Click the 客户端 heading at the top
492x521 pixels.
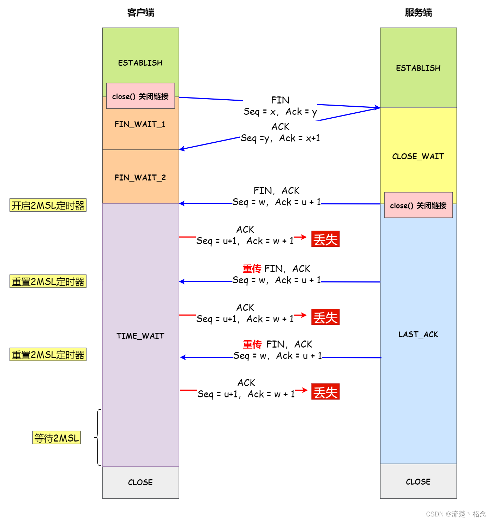click(140, 13)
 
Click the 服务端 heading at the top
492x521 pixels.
click(418, 13)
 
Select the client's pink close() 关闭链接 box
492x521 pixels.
click(140, 96)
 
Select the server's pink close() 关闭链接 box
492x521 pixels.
click(418, 205)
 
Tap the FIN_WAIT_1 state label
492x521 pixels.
click(140, 124)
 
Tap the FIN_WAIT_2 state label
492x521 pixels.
click(140, 177)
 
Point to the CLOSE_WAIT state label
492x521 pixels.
click(418, 156)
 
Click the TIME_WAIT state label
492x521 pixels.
click(140, 336)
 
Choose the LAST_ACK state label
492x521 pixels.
click(418, 334)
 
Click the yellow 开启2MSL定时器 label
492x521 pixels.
click(48, 205)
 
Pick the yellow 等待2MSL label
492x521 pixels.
click(56, 438)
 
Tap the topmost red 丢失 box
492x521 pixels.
click(325, 239)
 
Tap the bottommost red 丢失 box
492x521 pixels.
click(325, 392)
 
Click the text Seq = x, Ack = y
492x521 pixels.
click(280, 112)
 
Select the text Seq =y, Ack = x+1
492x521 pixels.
click(280, 138)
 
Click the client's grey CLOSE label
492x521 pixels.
click(140, 482)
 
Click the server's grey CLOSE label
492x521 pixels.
click(418, 482)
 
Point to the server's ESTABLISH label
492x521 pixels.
click(418, 68)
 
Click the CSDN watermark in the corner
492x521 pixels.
click(456, 514)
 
